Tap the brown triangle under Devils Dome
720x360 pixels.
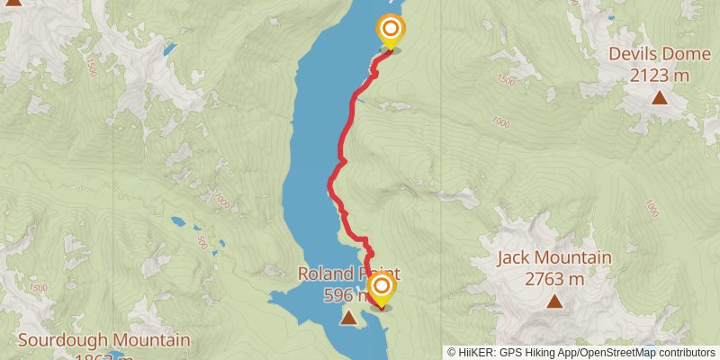[x=660, y=97]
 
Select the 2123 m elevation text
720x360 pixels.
[x=660, y=76]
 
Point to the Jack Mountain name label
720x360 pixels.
[x=553, y=258]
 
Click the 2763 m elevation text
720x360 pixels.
[x=553, y=280]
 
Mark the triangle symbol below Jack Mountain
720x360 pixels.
[x=553, y=302]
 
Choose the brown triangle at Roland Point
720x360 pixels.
[x=348, y=317]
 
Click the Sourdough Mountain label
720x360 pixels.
[x=103, y=340]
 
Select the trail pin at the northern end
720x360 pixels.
[x=390, y=31]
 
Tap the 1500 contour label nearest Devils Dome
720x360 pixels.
[x=505, y=81]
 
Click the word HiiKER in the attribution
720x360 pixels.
[x=477, y=353]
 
